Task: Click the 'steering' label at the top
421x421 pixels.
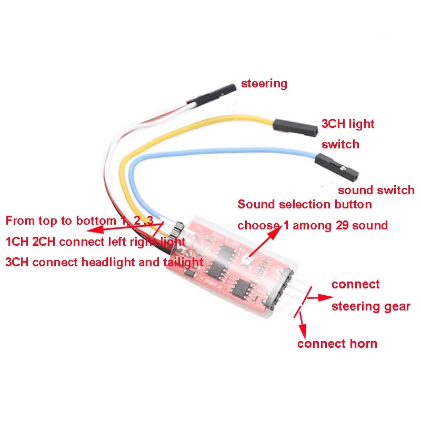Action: (264, 84)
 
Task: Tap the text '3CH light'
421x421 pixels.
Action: (348, 124)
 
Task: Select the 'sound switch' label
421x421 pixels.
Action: (376, 190)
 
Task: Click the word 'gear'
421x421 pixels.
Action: (397, 306)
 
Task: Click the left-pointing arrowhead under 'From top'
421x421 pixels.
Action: (91, 230)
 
